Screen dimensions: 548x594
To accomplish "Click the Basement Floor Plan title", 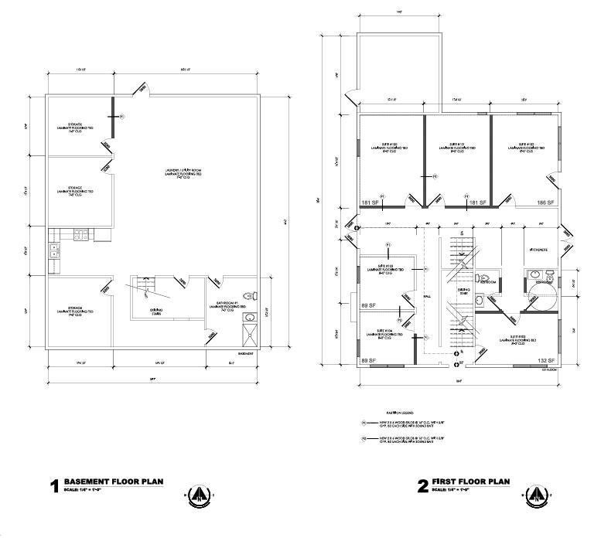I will (113, 481).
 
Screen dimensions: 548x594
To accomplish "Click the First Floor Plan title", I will (470, 481).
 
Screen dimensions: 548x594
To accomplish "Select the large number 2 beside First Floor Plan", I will (423, 486).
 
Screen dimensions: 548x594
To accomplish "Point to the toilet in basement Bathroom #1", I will (248, 294).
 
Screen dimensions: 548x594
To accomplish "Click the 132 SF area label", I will (546, 361).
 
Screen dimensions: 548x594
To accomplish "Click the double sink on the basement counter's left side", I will (55, 250).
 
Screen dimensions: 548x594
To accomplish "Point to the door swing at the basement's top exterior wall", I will (138, 89).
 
